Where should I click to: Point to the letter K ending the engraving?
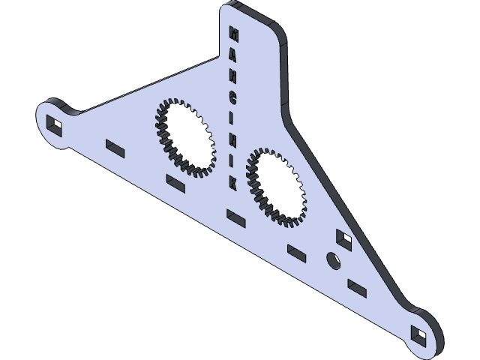(x=233, y=182)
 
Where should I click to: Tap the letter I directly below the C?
(x=232, y=118)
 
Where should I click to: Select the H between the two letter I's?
(x=232, y=140)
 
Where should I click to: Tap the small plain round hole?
(x=331, y=259)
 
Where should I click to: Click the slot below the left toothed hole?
(x=174, y=181)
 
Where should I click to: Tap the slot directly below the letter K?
(x=235, y=216)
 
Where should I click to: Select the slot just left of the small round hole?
(x=297, y=251)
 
